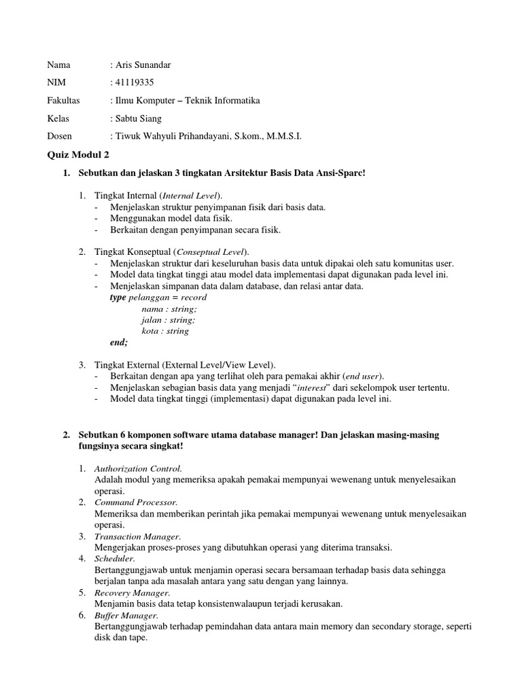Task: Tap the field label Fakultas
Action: (x=63, y=101)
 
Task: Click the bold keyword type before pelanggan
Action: (x=118, y=298)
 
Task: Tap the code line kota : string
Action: (x=165, y=331)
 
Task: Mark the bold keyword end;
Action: (x=119, y=343)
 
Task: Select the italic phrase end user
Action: (x=362, y=376)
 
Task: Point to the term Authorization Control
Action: (x=139, y=468)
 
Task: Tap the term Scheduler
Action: (x=115, y=559)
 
